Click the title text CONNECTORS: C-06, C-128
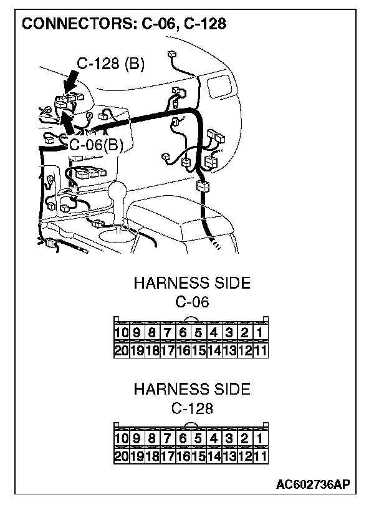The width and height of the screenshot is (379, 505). pyautogui.click(x=123, y=24)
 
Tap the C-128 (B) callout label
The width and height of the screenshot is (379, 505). pyautogui.click(x=110, y=64)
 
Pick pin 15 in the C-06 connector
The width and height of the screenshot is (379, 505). pyautogui.click(x=198, y=350)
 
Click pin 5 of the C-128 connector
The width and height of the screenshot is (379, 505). pyautogui.click(x=198, y=439)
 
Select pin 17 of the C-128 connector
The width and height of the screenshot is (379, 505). pyautogui.click(x=168, y=456)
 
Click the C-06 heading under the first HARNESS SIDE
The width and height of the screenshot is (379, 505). pyautogui.click(x=192, y=303)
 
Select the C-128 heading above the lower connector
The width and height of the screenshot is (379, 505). pyautogui.click(x=192, y=409)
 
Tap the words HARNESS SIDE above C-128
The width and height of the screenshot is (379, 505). pyautogui.click(x=192, y=390)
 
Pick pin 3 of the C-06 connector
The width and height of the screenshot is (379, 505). pyautogui.click(x=229, y=333)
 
